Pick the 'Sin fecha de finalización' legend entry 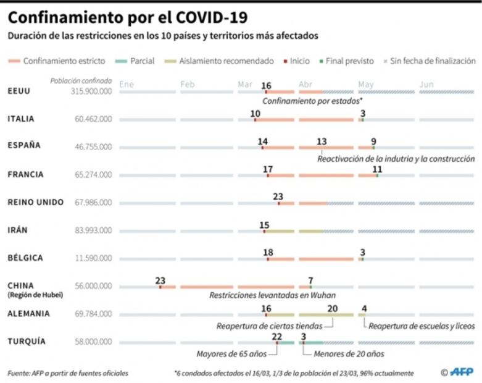tap(433, 61)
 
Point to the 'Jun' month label tap(426, 84)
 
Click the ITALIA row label tap(21, 119)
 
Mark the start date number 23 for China tap(160, 280)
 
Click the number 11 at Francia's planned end tap(377, 169)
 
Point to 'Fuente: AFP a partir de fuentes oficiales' tap(69, 373)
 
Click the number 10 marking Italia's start tap(256, 113)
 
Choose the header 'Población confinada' tap(81, 80)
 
